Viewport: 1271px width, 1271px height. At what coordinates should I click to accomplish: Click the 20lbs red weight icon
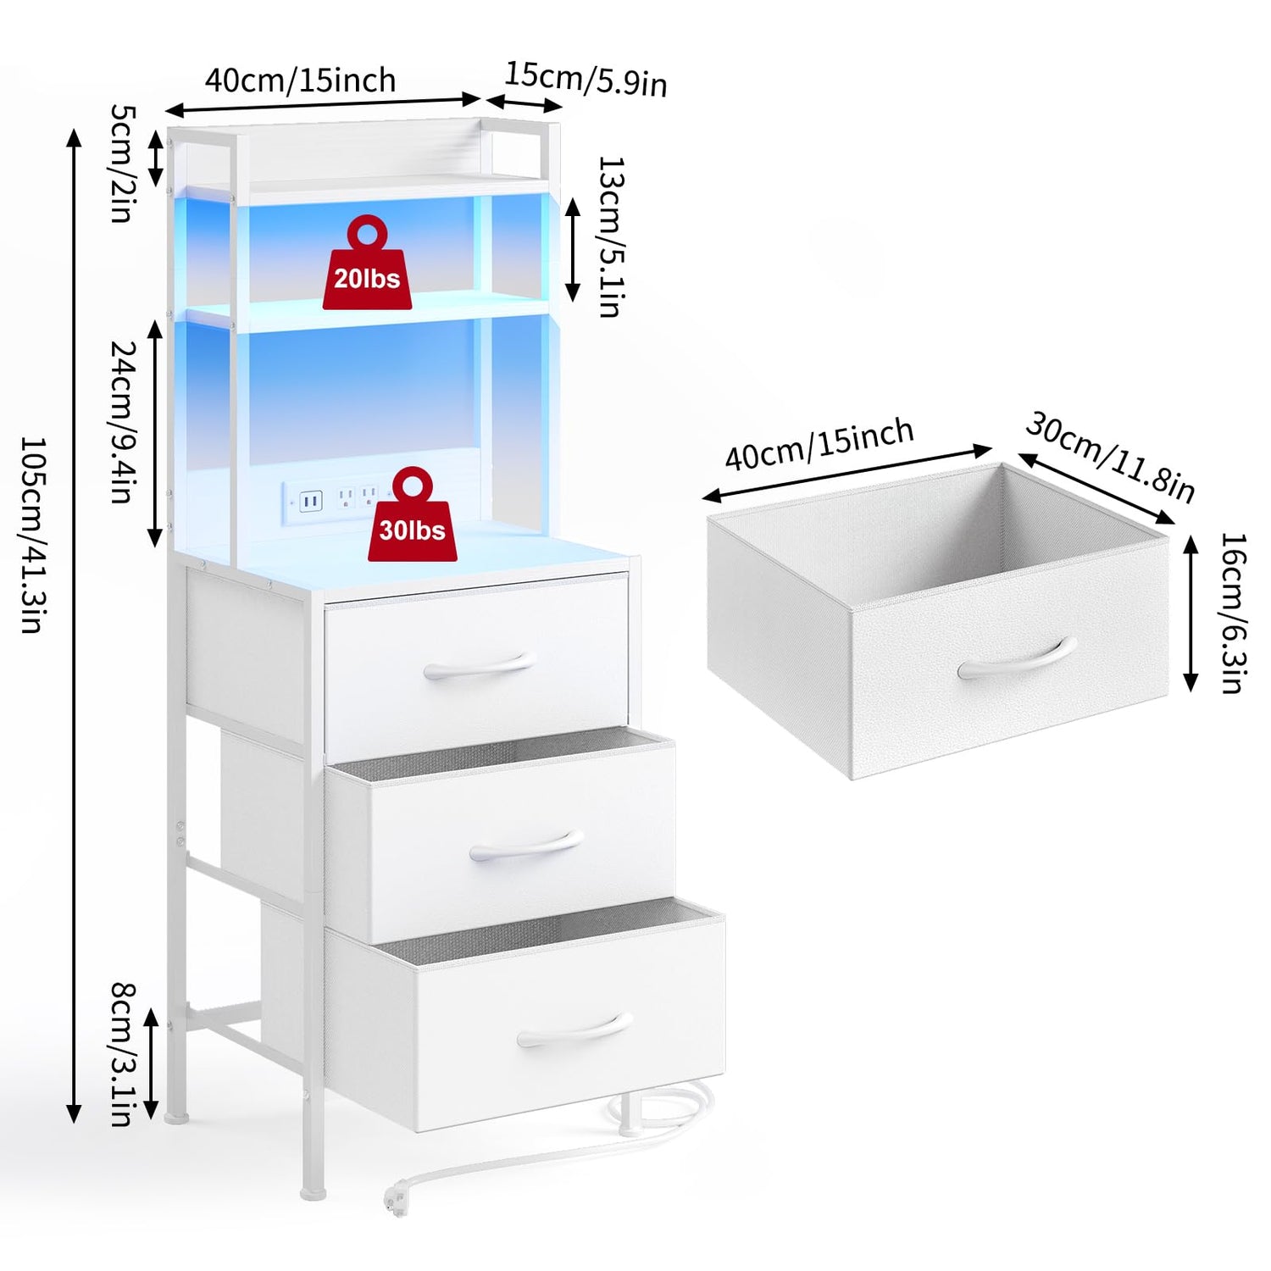click(367, 263)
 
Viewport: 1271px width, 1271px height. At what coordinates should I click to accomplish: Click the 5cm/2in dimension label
click(121, 163)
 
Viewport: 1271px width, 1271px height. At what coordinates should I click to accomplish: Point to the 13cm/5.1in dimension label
click(610, 236)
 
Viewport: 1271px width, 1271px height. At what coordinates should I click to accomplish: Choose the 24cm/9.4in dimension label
click(123, 421)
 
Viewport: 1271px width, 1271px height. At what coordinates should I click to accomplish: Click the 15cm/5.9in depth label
click(586, 79)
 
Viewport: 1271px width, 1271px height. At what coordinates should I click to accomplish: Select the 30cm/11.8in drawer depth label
click(1110, 456)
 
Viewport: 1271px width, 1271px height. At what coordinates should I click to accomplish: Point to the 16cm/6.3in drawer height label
click(1233, 613)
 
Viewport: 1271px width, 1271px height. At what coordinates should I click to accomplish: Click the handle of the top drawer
click(480, 666)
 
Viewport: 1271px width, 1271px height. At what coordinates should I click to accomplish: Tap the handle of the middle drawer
click(526, 846)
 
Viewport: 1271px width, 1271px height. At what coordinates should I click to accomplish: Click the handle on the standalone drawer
click(1017, 658)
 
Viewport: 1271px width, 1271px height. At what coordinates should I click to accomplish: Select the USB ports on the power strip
click(310, 502)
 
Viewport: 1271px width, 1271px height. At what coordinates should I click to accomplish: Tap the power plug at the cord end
click(393, 1202)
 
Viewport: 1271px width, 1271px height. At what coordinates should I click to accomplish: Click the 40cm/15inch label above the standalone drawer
click(819, 444)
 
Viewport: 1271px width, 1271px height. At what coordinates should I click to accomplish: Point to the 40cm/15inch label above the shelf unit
click(301, 80)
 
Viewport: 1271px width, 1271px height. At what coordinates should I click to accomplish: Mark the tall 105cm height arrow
click(75, 625)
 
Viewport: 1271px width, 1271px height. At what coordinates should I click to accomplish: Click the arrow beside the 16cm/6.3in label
click(1191, 613)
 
